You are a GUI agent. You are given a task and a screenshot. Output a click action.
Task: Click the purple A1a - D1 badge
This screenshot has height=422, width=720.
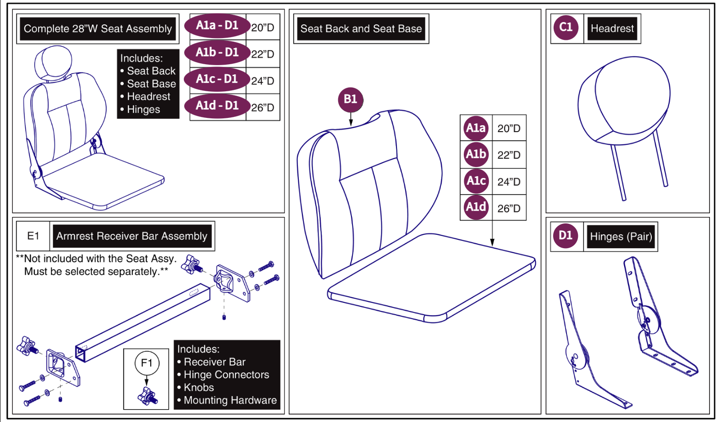pyautogui.click(x=217, y=26)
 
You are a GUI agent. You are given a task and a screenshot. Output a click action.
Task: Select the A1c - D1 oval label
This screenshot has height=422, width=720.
pyautogui.click(x=217, y=79)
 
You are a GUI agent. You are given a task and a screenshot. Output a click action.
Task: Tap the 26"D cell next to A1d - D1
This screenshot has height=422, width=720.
pyautogui.click(x=263, y=108)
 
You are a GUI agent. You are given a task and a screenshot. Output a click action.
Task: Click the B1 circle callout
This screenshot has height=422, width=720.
pyautogui.click(x=350, y=99)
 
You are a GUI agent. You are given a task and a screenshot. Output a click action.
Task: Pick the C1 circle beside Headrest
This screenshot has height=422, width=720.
pyautogui.click(x=566, y=28)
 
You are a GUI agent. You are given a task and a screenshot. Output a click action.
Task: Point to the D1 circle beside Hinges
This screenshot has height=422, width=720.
pyautogui.click(x=565, y=236)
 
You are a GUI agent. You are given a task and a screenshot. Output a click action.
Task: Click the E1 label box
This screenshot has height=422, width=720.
pyautogui.click(x=33, y=236)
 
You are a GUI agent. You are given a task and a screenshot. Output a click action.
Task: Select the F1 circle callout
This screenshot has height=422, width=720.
pyautogui.click(x=147, y=363)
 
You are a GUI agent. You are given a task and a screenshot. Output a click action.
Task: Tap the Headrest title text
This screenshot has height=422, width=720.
pyautogui.click(x=612, y=28)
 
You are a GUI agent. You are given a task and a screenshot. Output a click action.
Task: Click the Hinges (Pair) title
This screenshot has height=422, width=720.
pyautogui.click(x=621, y=236)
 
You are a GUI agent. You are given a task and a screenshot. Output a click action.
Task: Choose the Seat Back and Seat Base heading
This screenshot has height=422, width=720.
pyautogui.click(x=361, y=28)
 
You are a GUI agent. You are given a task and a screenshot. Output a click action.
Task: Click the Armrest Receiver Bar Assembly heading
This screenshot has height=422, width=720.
pyautogui.click(x=132, y=236)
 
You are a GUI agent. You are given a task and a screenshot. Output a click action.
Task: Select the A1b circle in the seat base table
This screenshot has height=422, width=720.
pyautogui.click(x=476, y=155)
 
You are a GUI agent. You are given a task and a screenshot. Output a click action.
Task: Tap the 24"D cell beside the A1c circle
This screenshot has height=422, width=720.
pyautogui.click(x=509, y=182)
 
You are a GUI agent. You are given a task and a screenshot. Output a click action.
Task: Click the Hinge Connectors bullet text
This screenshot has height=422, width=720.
pyautogui.click(x=226, y=375)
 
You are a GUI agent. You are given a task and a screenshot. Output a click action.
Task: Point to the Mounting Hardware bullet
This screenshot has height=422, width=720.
pyautogui.click(x=230, y=400)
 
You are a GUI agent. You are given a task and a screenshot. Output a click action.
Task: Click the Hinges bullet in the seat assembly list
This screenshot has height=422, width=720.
pyautogui.click(x=143, y=110)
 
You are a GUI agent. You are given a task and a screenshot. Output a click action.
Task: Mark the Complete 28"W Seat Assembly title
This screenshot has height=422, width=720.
pyautogui.click(x=98, y=29)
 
